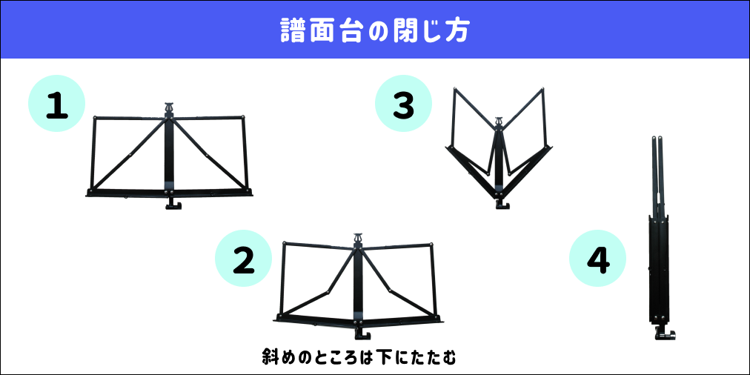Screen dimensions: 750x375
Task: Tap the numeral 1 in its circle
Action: [57, 104]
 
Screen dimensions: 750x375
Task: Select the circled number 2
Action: [244, 259]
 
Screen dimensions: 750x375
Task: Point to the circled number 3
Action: [403, 104]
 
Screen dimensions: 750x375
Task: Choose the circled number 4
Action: [597, 259]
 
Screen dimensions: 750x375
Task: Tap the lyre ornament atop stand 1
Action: [169, 109]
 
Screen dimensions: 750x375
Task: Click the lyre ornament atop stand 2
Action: [357, 238]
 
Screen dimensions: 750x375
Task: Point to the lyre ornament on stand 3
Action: [499, 122]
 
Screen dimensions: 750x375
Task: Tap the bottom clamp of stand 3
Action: [502, 205]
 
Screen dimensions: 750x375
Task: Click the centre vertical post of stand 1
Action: [169, 154]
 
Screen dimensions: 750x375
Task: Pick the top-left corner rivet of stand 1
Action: [95, 117]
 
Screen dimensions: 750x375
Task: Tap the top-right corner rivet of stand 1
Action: [244, 116]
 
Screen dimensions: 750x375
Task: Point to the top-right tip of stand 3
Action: [542, 90]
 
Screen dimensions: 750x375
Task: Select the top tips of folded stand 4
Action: [657, 139]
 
